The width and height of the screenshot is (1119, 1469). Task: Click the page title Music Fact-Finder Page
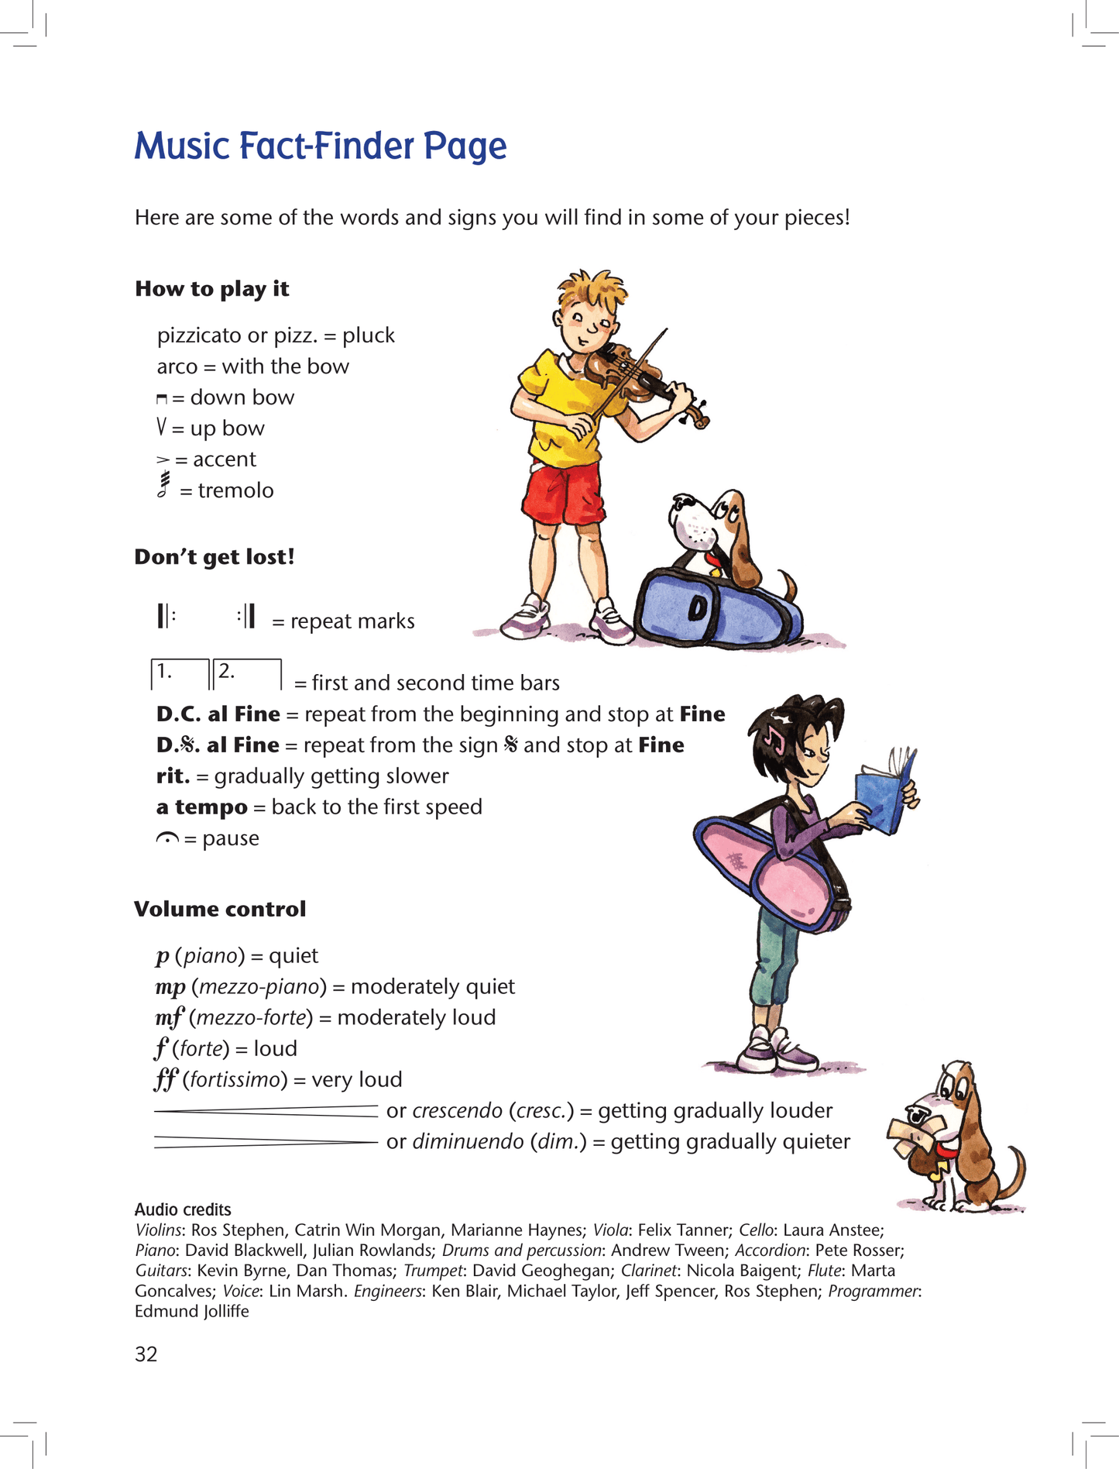point(321,146)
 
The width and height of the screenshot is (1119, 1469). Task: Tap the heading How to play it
point(211,289)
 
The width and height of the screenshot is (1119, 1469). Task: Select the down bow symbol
point(161,399)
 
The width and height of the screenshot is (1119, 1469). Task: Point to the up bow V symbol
point(161,427)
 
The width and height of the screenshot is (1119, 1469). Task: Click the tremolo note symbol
point(163,485)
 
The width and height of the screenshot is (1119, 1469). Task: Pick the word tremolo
point(235,490)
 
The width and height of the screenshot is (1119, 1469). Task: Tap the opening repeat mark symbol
point(166,616)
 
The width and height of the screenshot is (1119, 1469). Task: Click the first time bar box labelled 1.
point(180,673)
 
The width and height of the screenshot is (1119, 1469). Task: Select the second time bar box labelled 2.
point(246,673)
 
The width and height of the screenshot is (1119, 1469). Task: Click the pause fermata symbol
point(167,838)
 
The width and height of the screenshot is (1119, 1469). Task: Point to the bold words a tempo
point(201,807)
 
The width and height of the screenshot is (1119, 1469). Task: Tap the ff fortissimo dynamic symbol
point(166,1079)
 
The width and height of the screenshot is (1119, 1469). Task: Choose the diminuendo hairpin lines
point(266,1142)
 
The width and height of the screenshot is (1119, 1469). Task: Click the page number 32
point(146,1354)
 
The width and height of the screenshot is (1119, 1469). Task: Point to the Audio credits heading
point(183,1209)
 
